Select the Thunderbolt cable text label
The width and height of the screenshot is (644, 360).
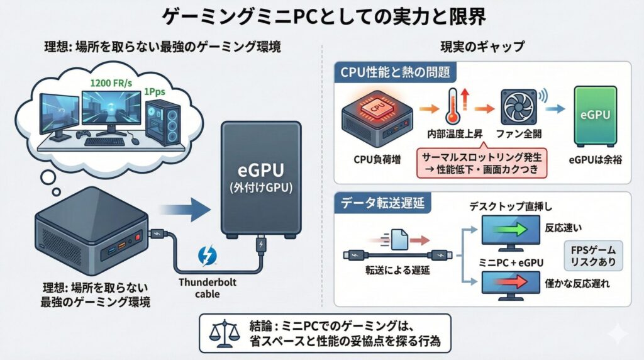(x=208, y=288)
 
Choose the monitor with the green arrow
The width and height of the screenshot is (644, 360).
(x=509, y=230)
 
